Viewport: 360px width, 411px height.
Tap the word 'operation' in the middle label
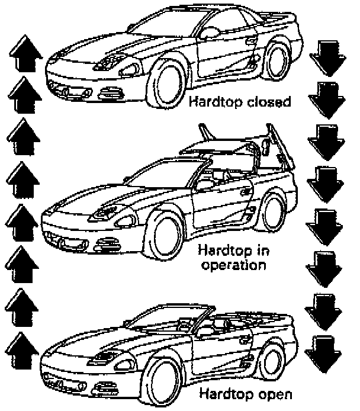click(x=233, y=264)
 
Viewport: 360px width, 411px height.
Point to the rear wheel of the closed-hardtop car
click(x=277, y=59)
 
